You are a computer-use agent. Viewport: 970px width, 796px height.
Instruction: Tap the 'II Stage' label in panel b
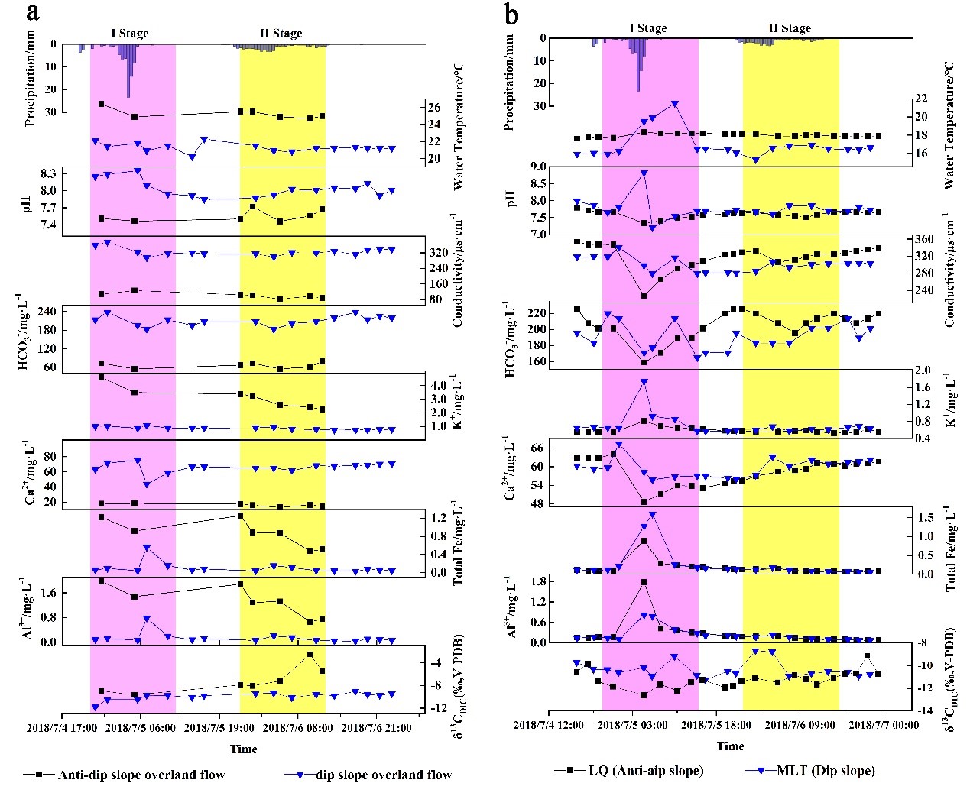coord(789,28)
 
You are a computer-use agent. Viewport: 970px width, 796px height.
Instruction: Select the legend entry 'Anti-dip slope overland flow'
coord(141,775)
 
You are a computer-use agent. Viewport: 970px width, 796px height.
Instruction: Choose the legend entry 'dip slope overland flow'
coord(382,775)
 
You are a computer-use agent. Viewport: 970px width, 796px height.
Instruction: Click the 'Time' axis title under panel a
coord(244,749)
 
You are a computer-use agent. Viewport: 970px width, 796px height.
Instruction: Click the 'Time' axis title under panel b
coord(730,746)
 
